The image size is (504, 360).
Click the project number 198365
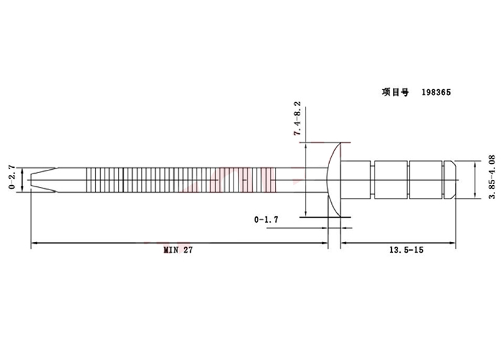tap(436, 93)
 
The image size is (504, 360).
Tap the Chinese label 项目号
tap(396, 93)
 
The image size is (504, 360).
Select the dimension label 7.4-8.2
tap(298, 119)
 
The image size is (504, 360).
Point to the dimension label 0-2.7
tap(12, 177)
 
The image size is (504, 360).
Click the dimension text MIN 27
tap(178, 250)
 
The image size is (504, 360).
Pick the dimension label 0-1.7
tap(266, 220)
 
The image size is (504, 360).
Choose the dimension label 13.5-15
tap(406, 250)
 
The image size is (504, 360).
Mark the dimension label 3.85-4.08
tap(492, 177)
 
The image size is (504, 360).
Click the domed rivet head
tap(334, 180)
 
